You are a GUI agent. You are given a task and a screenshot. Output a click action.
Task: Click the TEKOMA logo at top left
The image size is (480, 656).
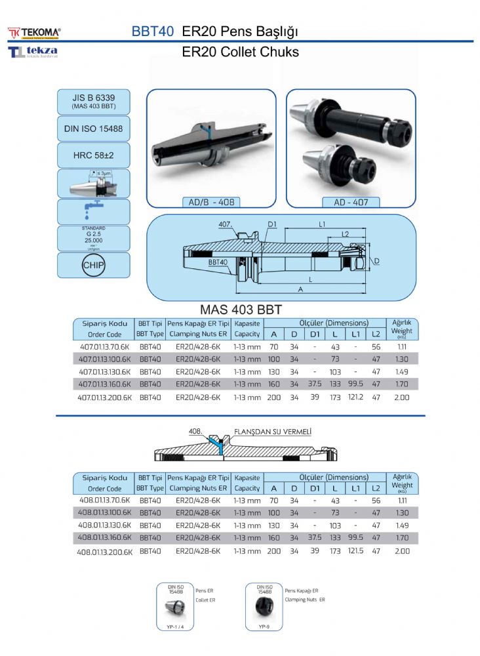tap(34, 31)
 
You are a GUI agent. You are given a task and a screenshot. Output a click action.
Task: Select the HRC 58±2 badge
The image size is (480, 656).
tap(93, 155)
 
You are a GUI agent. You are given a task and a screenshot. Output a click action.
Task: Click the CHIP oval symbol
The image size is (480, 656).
tap(93, 266)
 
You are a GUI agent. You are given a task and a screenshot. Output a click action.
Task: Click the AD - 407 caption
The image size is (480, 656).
tap(351, 203)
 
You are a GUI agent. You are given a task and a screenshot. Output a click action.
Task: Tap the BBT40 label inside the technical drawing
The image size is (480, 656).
tap(218, 262)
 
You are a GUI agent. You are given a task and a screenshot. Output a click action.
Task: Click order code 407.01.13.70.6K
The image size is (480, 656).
tap(104, 346)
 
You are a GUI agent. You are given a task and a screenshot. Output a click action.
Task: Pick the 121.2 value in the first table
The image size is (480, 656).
tap(356, 398)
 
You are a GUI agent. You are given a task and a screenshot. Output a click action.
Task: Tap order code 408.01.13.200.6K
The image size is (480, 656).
tap(105, 552)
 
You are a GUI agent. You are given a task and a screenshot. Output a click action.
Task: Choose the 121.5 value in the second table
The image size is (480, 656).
tap(356, 552)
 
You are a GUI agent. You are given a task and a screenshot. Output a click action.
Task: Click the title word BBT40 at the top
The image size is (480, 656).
tap(153, 31)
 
